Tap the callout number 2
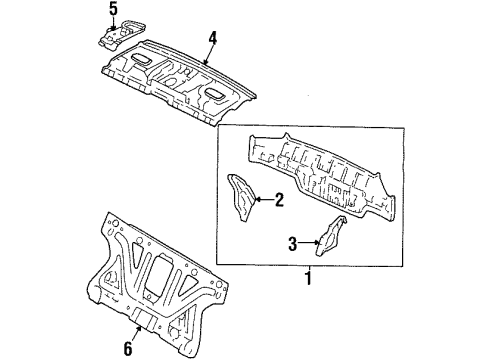coord(279,200)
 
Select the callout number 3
coord(292,241)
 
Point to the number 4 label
coord(212,39)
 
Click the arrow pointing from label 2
coord(262,200)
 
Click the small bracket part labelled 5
coord(116,35)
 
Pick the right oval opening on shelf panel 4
coord(214,95)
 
